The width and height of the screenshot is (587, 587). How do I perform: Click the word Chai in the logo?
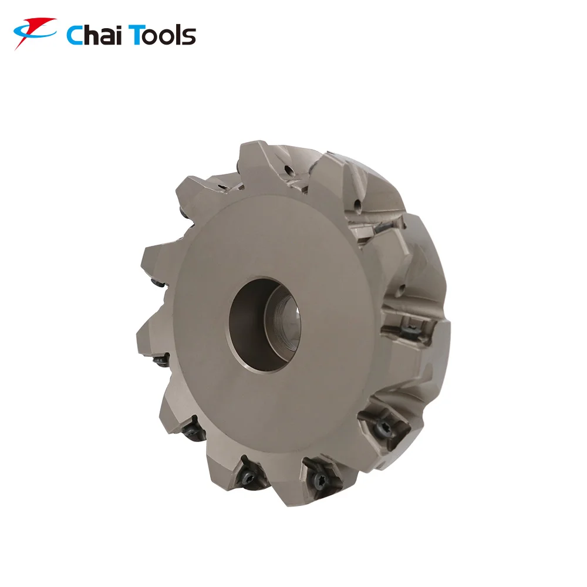(x=95, y=35)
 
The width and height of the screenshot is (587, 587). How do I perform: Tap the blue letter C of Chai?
(x=75, y=36)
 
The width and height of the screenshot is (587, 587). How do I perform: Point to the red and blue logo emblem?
(x=35, y=32)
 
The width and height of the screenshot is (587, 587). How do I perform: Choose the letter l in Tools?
(x=177, y=35)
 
